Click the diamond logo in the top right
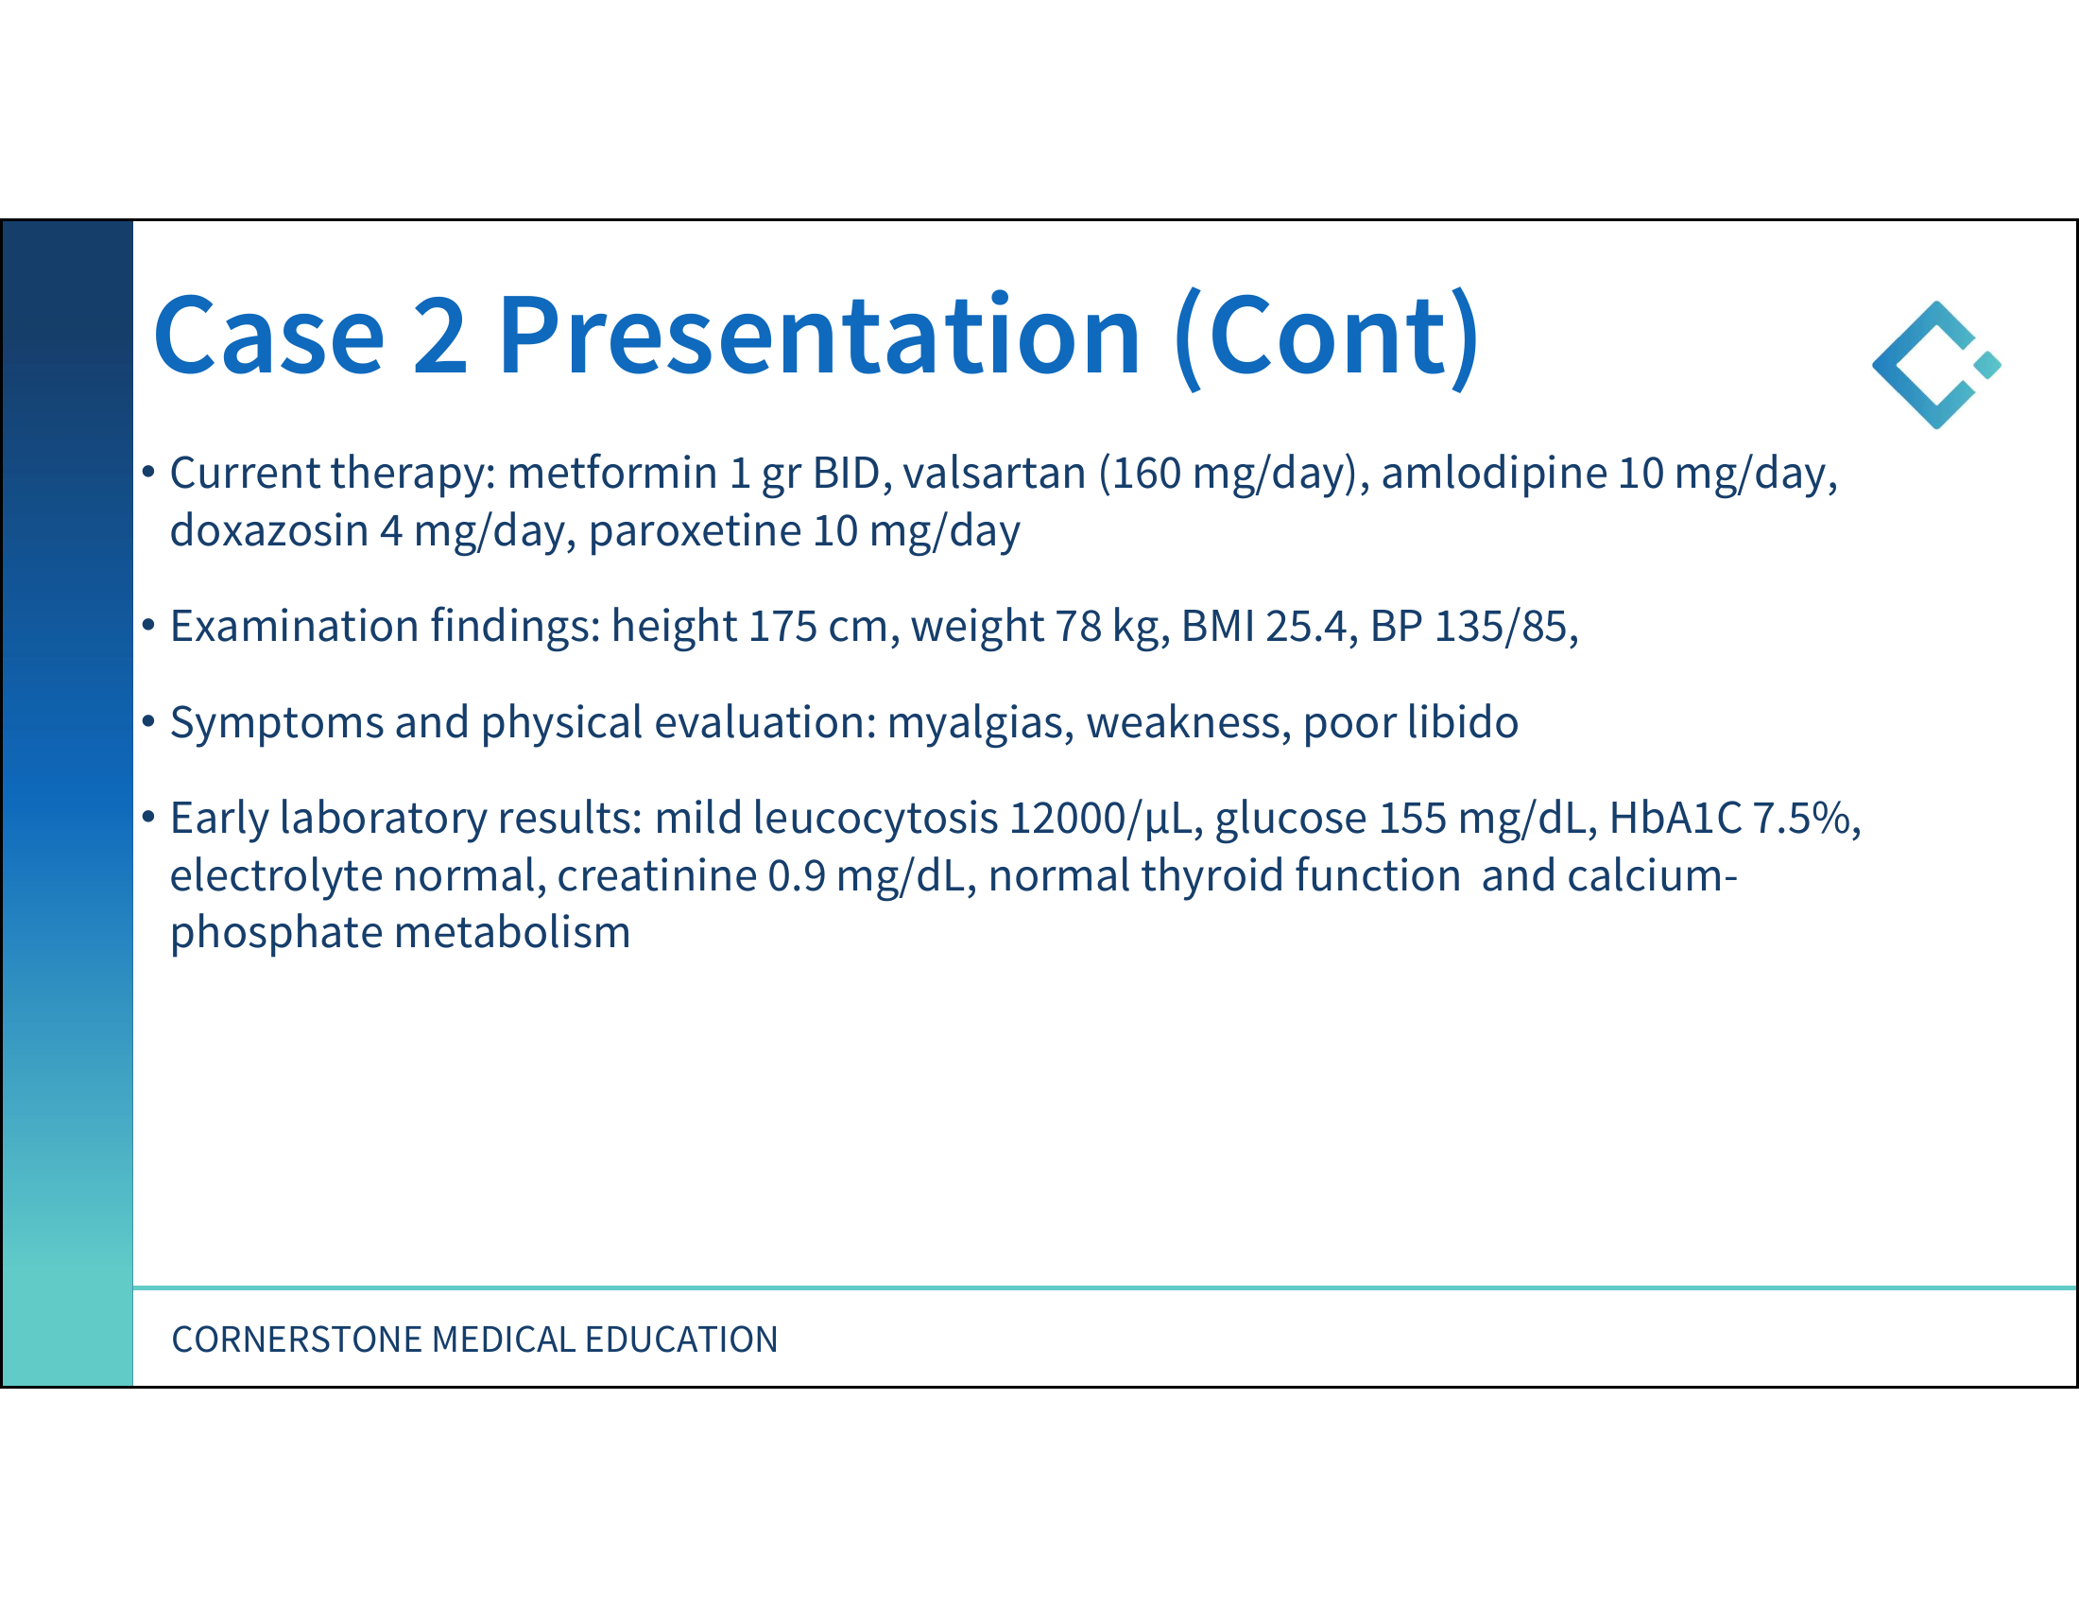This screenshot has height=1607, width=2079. pos(1936,365)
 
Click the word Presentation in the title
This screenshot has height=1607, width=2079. pos(817,337)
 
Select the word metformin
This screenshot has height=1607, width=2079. pos(612,474)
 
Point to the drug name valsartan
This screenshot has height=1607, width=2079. pos(994,474)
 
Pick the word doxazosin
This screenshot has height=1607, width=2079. pos(269,530)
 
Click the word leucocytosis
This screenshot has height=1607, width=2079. pos(875,818)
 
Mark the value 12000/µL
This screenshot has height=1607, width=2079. pos(1106,819)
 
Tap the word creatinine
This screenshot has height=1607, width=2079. pos(657,876)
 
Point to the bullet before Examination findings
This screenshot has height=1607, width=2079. pos(148,626)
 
